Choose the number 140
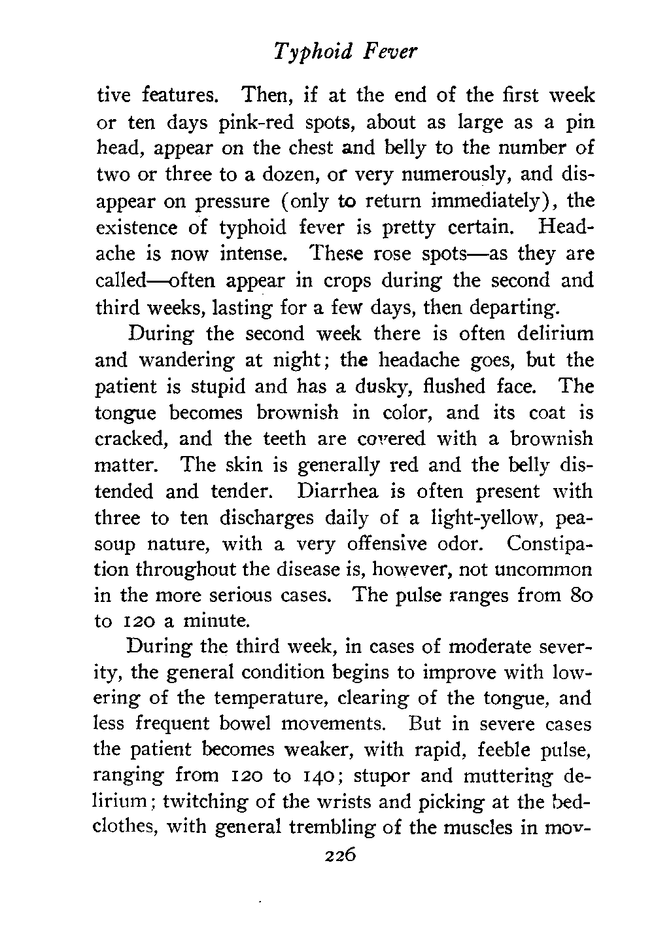[316, 776]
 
